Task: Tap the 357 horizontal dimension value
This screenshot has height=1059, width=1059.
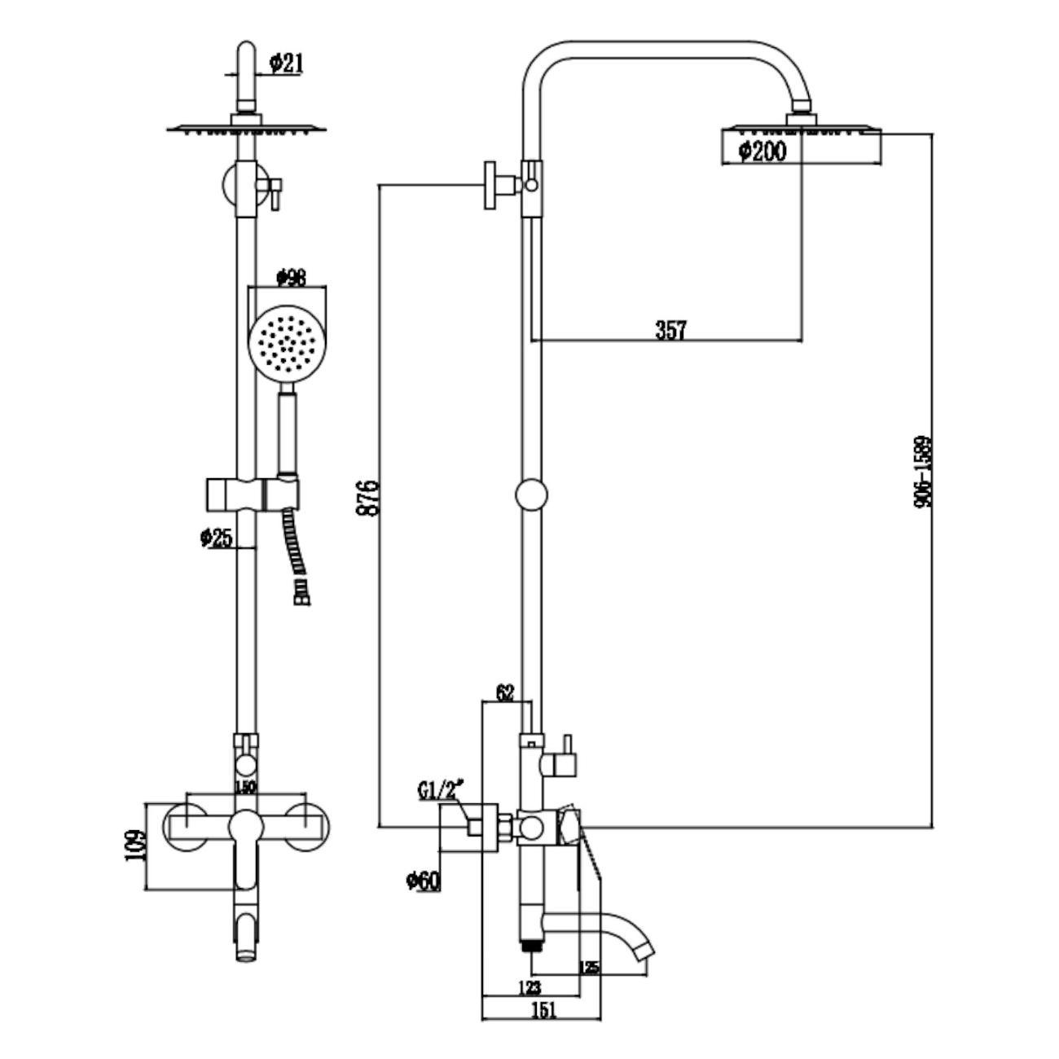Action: (x=670, y=330)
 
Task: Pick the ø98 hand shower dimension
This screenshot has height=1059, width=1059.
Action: (x=291, y=278)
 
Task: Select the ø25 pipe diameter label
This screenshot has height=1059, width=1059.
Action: (x=215, y=538)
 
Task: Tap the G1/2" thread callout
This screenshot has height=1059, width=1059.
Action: (x=440, y=790)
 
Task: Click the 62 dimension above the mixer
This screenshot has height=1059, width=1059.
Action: (x=505, y=693)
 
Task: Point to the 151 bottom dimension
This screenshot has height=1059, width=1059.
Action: (x=543, y=1010)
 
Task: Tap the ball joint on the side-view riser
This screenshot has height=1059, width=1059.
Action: (x=531, y=494)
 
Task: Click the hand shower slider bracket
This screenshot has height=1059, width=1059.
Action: (x=251, y=494)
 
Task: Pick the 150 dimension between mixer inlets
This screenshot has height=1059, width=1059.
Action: (x=244, y=787)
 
